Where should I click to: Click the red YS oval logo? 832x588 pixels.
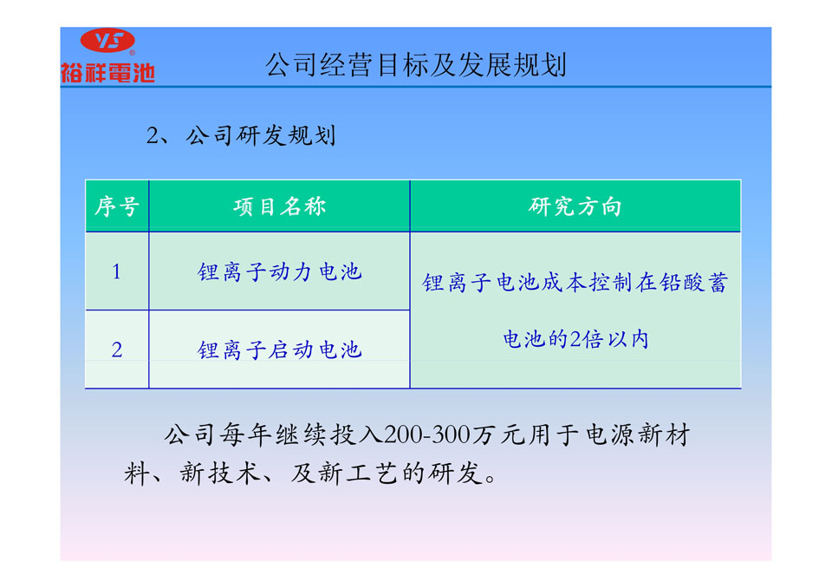coord(107,40)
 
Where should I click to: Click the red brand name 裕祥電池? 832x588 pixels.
coord(107,73)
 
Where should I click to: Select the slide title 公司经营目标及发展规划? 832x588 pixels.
coord(416,65)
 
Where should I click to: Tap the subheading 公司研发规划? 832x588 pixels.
coord(261,135)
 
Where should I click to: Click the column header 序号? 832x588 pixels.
coord(117,206)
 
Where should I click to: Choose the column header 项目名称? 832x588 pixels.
coord(280,206)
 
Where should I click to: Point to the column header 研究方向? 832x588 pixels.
coord(575,206)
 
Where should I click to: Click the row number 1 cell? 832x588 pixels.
coord(117,272)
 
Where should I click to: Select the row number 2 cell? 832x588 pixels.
coord(117,350)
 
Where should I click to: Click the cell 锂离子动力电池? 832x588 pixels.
coord(280,272)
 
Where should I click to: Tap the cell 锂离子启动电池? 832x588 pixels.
coord(280,350)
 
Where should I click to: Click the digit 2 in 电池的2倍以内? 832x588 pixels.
coord(575,339)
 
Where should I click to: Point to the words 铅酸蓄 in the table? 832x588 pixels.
coord(693,282)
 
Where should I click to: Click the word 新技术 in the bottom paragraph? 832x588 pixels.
coord(221,473)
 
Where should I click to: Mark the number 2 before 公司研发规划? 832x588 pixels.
coord(153,136)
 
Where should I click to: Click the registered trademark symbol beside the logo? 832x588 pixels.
coord(132,53)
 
